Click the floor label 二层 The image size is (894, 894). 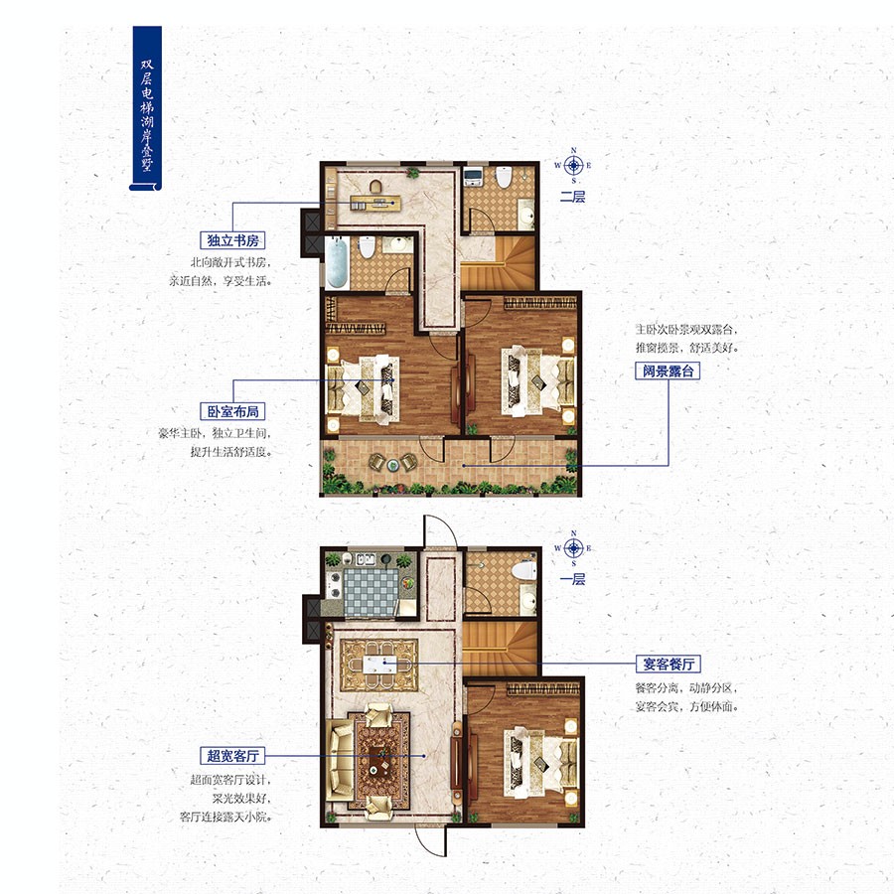click(572, 197)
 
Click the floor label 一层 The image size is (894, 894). click(572, 579)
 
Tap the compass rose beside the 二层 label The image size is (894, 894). click(573, 165)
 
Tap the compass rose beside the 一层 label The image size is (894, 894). click(573, 547)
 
